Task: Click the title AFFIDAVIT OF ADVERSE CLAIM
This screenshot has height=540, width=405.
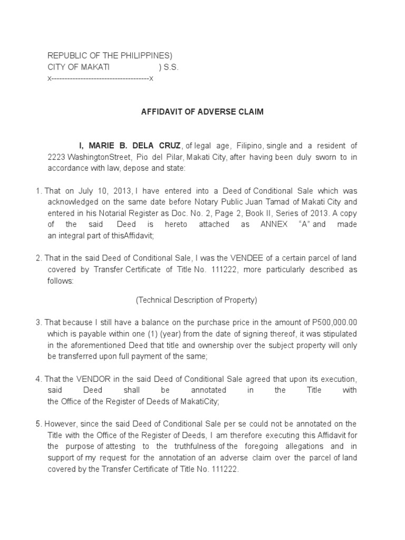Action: click(x=202, y=112)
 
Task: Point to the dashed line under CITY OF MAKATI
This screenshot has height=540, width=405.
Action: click(x=100, y=79)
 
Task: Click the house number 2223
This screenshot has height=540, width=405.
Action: click(x=56, y=157)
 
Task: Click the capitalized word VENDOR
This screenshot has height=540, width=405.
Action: click(x=85, y=379)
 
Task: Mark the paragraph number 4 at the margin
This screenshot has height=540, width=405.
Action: click(x=38, y=379)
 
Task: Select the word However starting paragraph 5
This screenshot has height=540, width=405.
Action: click(x=60, y=424)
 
